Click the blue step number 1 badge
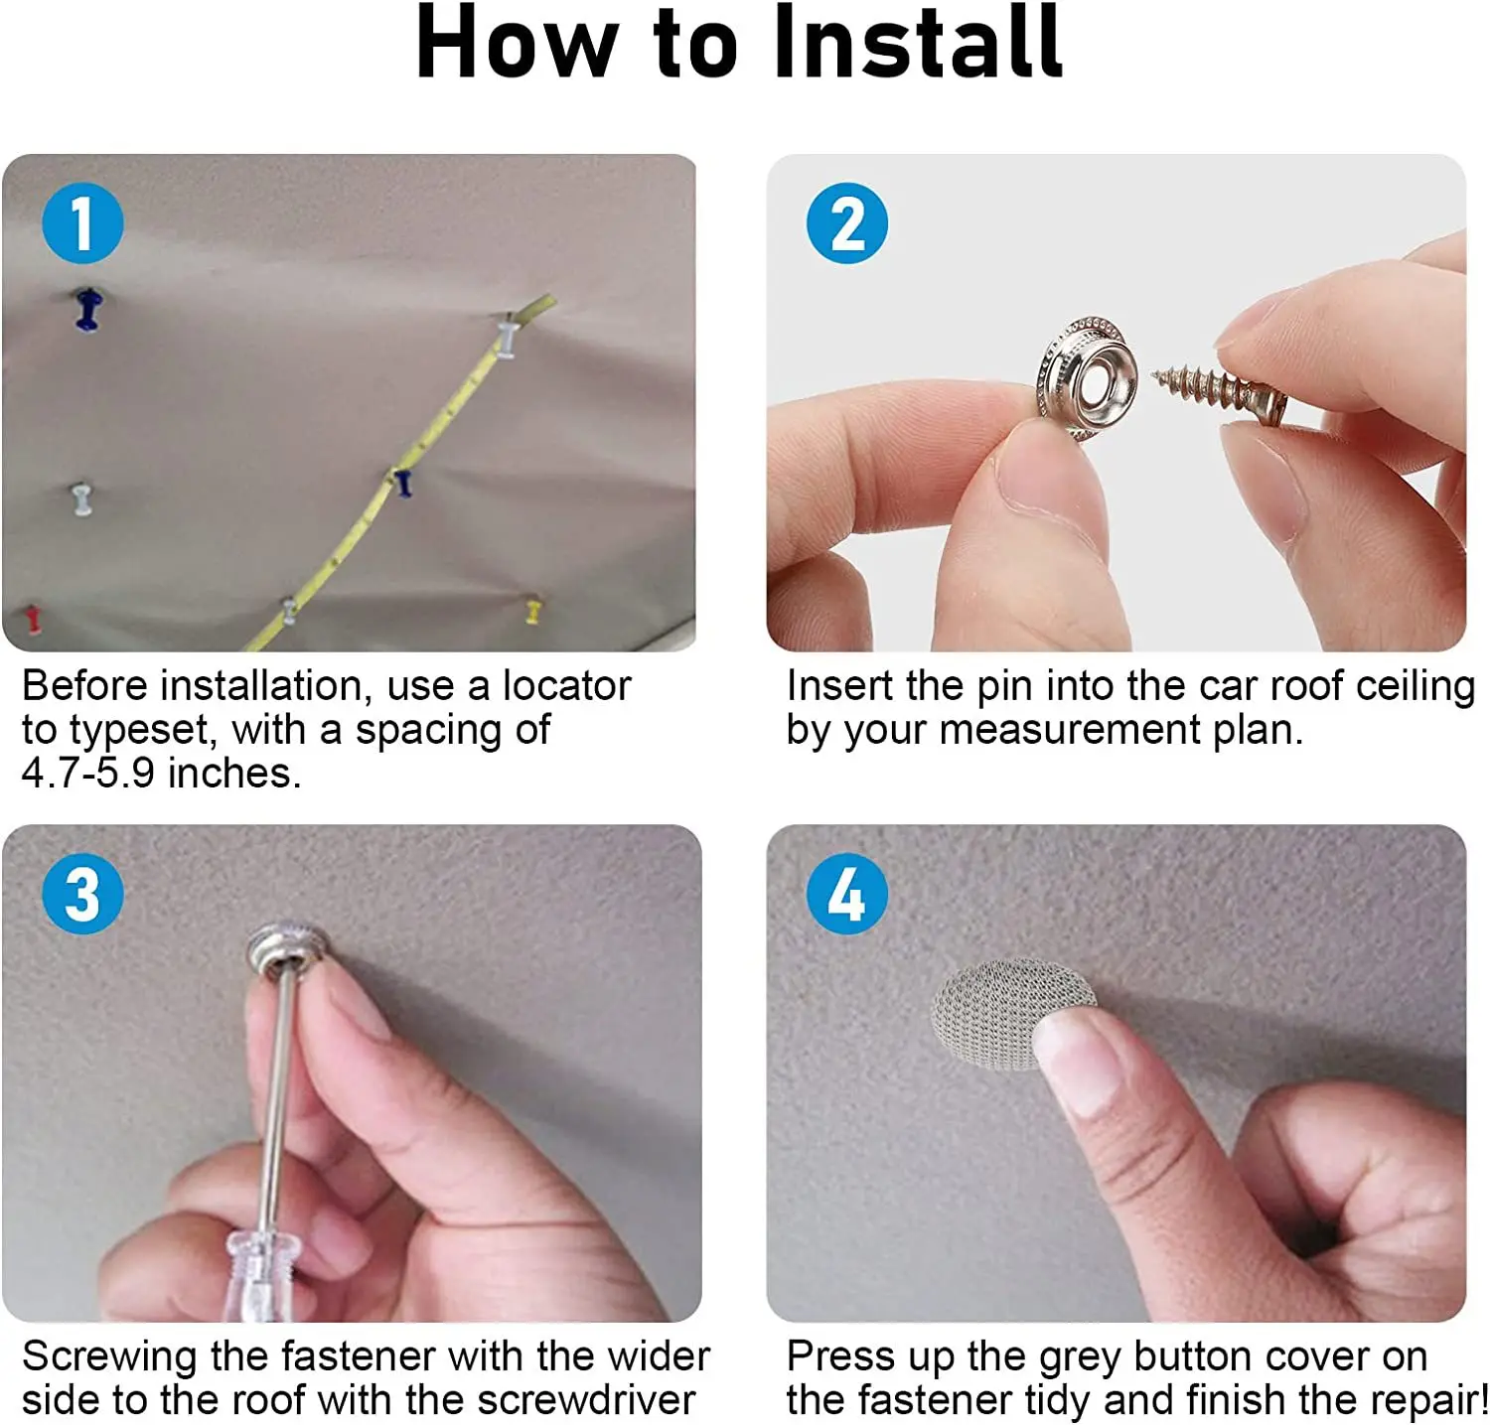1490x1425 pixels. click(x=82, y=222)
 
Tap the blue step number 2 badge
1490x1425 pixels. click(x=847, y=222)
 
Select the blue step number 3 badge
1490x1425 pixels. click(x=82, y=893)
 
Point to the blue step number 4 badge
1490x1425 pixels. click(x=847, y=893)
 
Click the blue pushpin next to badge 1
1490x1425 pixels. click(x=88, y=309)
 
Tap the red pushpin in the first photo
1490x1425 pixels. click(x=34, y=618)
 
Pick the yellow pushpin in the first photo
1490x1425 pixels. click(x=533, y=609)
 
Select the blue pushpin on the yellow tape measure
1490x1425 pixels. click(x=402, y=483)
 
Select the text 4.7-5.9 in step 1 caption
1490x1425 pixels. click(x=88, y=774)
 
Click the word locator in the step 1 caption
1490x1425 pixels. click(x=566, y=686)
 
